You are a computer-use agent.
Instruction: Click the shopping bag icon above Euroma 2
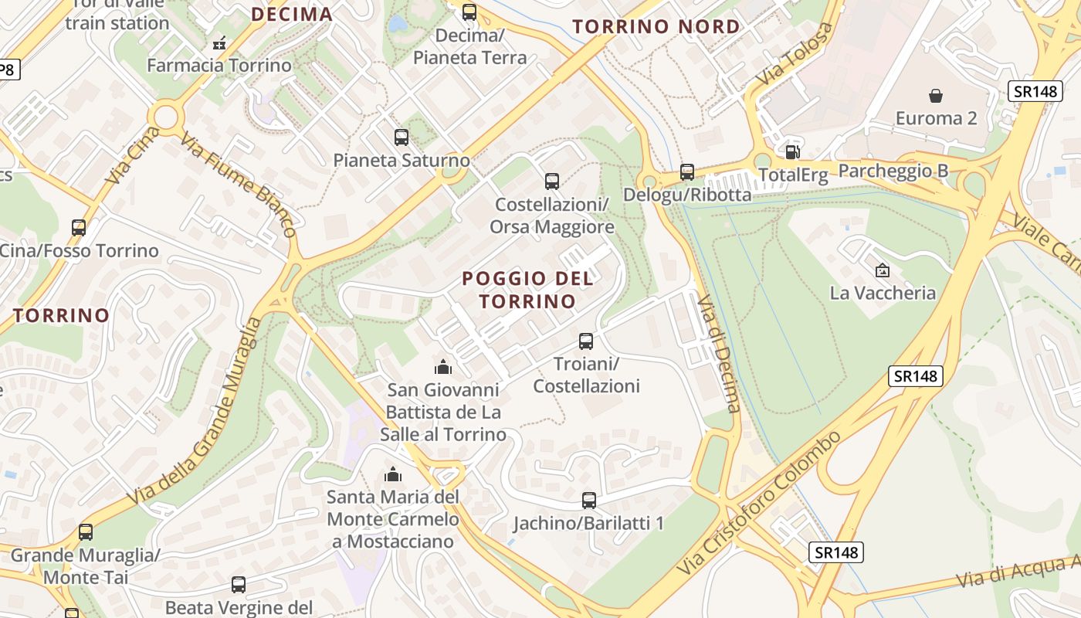pos(936,96)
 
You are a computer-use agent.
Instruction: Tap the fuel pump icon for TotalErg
pos(791,152)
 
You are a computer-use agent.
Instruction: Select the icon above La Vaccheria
pos(882,270)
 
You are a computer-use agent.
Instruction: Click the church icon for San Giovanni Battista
pos(443,366)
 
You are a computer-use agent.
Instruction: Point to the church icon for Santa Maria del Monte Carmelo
pos(393,474)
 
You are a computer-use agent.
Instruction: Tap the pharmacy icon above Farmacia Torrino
pos(219,42)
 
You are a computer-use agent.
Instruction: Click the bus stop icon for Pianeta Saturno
pos(402,138)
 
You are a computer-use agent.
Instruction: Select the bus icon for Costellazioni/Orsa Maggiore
pos(552,182)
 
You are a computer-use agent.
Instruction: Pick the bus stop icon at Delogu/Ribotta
pos(687,171)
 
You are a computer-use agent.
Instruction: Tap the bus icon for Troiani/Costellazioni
pos(586,341)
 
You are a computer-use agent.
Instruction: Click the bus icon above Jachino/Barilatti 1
pos(589,501)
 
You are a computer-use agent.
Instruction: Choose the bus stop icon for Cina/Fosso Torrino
pos(79,228)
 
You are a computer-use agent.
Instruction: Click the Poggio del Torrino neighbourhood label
pos(528,290)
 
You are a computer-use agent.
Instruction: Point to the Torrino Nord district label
pos(656,27)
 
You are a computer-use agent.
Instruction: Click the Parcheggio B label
pos(893,171)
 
